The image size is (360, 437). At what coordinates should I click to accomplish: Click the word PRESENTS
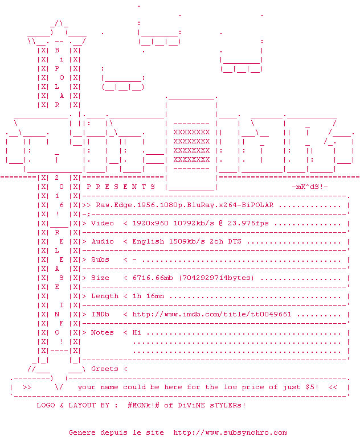click(x=121, y=187)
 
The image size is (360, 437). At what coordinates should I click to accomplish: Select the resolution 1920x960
click(x=150, y=223)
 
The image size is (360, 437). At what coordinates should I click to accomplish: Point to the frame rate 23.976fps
click(x=246, y=223)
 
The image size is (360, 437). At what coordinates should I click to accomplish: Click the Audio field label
click(x=103, y=241)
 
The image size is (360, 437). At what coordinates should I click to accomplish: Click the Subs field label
click(x=100, y=259)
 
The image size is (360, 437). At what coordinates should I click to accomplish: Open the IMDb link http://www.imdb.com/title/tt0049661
click(x=212, y=314)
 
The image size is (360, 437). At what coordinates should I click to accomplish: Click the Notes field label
click(x=103, y=332)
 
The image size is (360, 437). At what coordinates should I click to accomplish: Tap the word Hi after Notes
click(x=137, y=332)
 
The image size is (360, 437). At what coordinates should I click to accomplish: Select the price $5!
click(x=312, y=387)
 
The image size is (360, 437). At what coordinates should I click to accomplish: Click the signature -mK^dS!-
click(x=310, y=187)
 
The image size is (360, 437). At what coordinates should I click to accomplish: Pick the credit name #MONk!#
click(x=144, y=405)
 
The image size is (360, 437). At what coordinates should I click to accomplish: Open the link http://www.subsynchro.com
click(x=230, y=432)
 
